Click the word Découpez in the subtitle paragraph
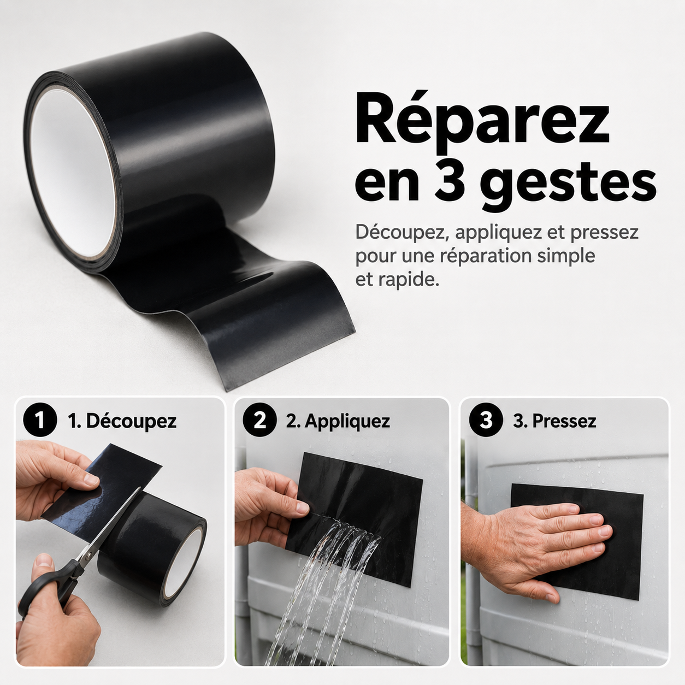(x=403, y=233)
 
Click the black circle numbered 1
(x=40, y=420)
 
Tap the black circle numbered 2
(x=259, y=420)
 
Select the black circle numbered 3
(x=486, y=420)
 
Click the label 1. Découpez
(x=122, y=421)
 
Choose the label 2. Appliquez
(x=338, y=421)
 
